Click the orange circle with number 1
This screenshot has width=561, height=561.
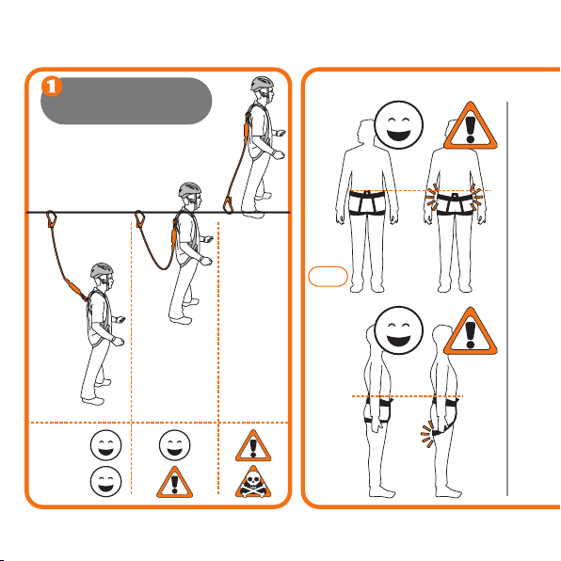52,86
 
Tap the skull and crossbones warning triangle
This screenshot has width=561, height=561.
253,483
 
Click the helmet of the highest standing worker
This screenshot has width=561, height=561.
263,84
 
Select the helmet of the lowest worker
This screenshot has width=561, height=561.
102,270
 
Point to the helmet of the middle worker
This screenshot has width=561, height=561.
190,189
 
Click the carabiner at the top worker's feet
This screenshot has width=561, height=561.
228,205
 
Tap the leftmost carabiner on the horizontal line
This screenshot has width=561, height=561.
52,218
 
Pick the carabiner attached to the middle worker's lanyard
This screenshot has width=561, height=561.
139,218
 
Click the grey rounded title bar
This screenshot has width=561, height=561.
126,101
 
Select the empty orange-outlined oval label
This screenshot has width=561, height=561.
328,276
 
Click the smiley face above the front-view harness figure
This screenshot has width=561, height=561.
398,125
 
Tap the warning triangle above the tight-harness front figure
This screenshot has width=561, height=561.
471,127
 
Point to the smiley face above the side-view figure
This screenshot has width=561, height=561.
398,330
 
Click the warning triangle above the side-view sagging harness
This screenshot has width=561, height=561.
471,332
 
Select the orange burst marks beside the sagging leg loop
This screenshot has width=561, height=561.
426,434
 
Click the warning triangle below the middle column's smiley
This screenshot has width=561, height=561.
174,484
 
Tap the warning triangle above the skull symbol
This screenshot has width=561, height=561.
253,447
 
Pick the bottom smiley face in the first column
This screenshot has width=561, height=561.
106,482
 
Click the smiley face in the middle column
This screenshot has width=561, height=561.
174,445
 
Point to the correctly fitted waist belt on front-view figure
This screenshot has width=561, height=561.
367,196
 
